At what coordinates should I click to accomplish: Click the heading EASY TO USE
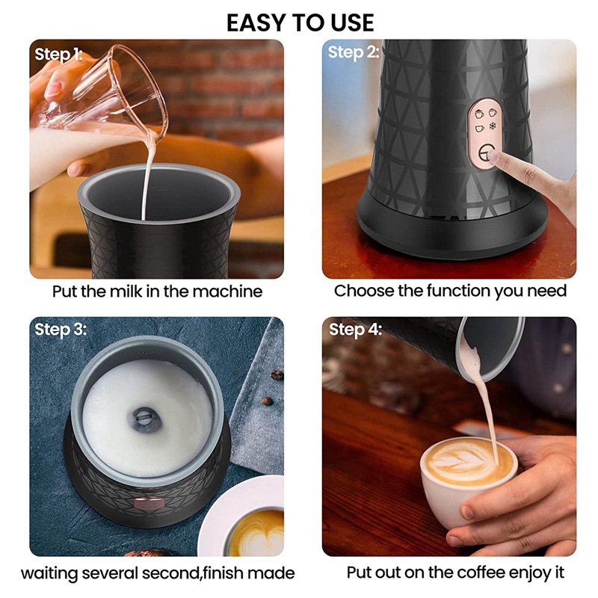(x=300, y=22)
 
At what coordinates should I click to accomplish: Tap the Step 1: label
(x=58, y=54)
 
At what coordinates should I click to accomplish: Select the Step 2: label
(x=354, y=52)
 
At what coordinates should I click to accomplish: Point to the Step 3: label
(x=61, y=329)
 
